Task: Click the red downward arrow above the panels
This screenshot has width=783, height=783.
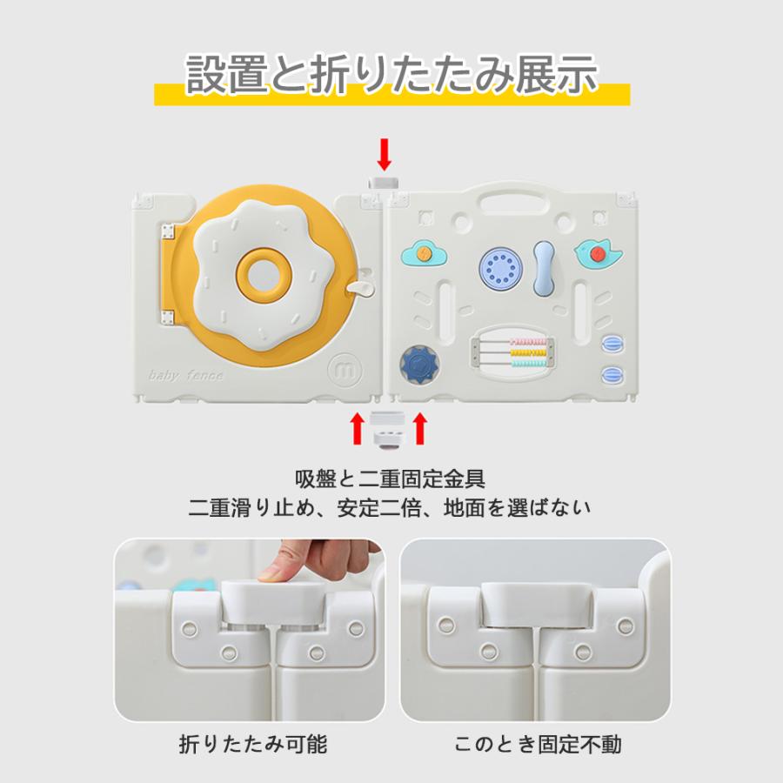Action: click(384, 154)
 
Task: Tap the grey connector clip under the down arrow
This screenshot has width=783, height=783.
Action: click(384, 183)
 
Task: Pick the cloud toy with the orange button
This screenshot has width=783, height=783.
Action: click(424, 253)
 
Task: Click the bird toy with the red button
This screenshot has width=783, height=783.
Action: click(598, 254)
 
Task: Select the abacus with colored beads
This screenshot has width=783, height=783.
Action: click(512, 351)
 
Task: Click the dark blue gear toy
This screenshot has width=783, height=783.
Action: click(419, 365)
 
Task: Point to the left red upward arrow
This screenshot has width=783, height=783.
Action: click(357, 428)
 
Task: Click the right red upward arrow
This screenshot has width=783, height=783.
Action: click(420, 428)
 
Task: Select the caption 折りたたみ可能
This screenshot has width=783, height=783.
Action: click(253, 744)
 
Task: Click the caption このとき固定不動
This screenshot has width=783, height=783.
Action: click(538, 744)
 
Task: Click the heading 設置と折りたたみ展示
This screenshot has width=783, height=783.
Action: click(392, 75)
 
